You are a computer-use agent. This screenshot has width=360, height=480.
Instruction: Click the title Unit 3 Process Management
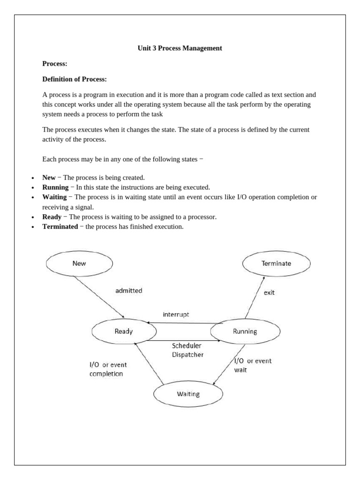[180, 48]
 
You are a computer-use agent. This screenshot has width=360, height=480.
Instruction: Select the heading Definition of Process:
[75, 79]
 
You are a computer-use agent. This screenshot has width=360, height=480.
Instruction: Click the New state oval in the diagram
[80, 263]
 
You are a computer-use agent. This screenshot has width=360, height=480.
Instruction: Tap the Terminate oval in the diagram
[276, 263]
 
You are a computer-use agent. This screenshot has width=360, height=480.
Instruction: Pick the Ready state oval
[124, 331]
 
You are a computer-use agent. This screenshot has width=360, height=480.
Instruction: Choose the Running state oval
[245, 331]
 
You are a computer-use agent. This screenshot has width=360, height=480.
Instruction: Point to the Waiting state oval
[188, 394]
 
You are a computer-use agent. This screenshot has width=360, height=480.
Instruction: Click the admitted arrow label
[128, 291]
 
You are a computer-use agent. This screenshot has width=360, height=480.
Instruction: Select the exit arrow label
[269, 293]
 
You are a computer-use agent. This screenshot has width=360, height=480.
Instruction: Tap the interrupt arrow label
[176, 315]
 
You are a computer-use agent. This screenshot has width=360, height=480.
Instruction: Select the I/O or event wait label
[252, 365]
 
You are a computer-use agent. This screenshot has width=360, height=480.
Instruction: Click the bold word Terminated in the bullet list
[60, 226]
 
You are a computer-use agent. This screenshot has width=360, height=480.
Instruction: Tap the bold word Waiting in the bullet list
[54, 197]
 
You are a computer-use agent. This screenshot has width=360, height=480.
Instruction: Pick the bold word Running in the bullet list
[55, 187]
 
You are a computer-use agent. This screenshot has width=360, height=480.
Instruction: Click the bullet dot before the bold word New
[32, 178]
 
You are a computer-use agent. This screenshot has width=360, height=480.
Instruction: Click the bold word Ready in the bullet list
[52, 217]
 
